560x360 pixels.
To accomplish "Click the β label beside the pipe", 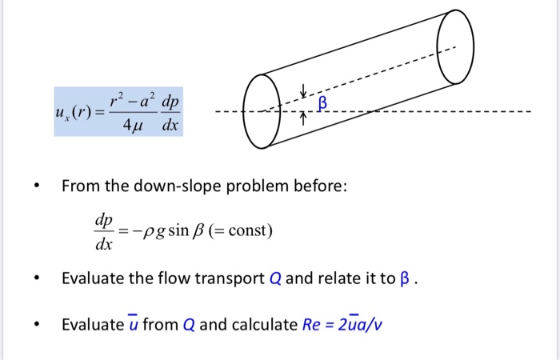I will click(323, 102).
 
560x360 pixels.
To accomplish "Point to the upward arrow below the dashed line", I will click(304, 118).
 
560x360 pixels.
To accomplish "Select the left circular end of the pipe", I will click(262, 111).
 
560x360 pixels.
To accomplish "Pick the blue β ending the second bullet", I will click(410, 278).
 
